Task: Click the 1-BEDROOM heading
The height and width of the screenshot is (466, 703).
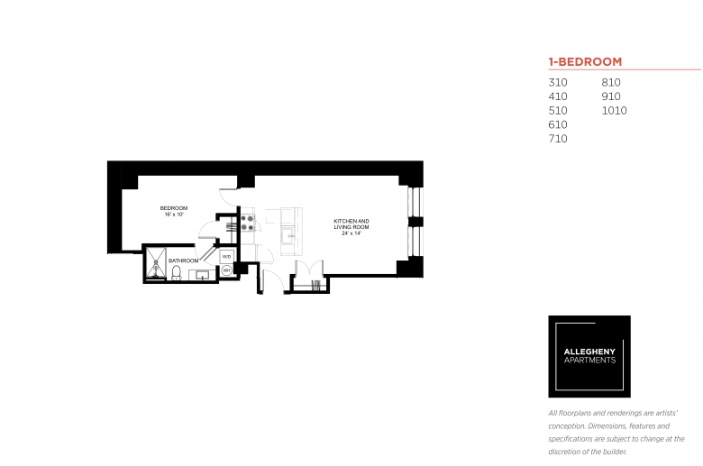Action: click(x=585, y=61)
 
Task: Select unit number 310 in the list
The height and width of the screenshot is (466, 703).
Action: click(x=558, y=83)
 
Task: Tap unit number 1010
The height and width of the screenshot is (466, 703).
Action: click(x=615, y=111)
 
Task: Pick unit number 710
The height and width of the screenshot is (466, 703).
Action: click(x=558, y=139)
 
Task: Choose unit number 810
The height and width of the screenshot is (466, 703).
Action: click(x=611, y=83)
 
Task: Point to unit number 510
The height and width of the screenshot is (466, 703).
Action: click(x=558, y=111)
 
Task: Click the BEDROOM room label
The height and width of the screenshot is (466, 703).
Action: click(x=174, y=208)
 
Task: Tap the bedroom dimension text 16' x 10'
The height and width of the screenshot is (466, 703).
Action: click(x=174, y=215)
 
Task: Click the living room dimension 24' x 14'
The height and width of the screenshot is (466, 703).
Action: click(x=351, y=233)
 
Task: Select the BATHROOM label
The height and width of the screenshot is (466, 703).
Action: click(x=183, y=260)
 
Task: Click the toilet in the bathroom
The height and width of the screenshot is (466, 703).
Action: click(x=176, y=273)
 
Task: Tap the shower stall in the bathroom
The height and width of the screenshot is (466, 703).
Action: click(x=156, y=263)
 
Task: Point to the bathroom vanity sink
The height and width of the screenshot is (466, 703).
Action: click(x=203, y=275)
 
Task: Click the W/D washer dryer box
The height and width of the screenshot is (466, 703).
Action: click(x=227, y=257)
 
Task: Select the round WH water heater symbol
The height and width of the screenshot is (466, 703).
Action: click(x=227, y=270)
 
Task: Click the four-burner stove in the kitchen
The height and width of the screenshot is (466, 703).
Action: click(x=248, y=223)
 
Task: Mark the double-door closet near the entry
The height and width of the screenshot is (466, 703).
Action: click(x=309, y=276)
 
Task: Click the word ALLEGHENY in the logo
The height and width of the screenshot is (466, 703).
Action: click(x=589, y=352)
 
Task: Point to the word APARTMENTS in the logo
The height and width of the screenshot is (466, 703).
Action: click(x=589, y=361)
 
